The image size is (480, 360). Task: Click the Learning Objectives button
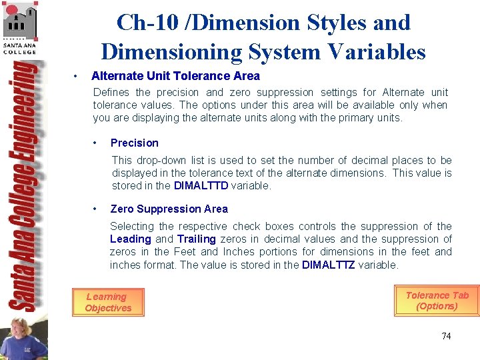(x=108, y=302)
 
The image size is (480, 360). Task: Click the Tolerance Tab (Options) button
(x=437, y=301)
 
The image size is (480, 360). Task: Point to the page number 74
(x=446, y=336)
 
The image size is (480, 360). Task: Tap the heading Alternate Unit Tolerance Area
(x=175, y=76)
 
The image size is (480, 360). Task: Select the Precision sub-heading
(x=134, y=143)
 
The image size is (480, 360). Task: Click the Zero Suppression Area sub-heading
(x=169, y=209)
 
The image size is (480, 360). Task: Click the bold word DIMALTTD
(x=201, y=186)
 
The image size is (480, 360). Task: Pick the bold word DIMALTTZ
(x=329, y=265)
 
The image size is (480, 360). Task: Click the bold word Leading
(x=131, y=239)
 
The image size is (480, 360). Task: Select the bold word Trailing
(x=196, y=239)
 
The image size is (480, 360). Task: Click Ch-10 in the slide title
(x=144, y=23)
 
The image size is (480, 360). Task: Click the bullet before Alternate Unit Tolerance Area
(x=78, y=76)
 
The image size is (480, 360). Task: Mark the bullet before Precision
(x=97, y=143)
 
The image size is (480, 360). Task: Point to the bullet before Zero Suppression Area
(x=97, y=209)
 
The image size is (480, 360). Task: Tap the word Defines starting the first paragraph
(x=111, y=92)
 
